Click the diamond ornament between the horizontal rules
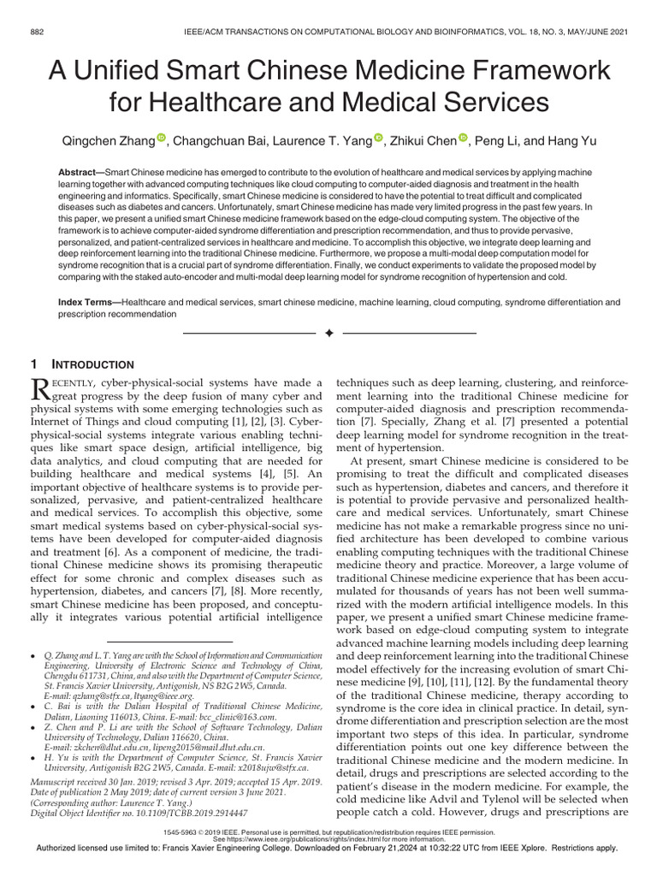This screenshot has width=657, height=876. click(328, 332)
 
